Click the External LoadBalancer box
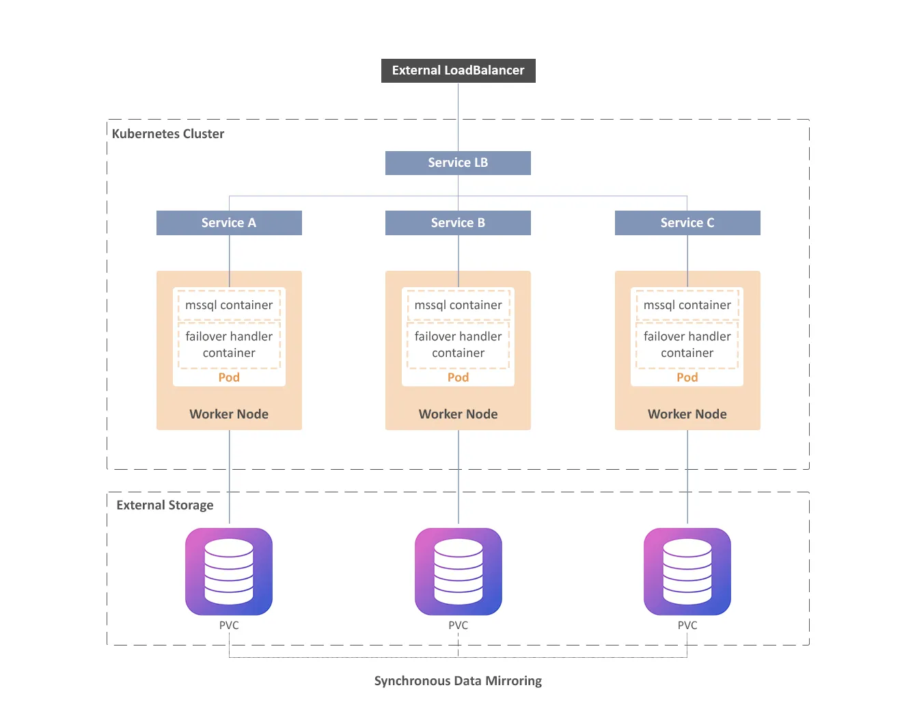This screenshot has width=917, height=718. (x=458, y=70)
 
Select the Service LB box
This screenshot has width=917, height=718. (x=458, y=163)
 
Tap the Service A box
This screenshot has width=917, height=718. (x=229, y=223)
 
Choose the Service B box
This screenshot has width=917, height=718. (x=458, y=223)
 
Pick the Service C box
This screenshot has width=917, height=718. (x=687, y=223)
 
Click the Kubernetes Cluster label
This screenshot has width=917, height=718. (x=168, y=134)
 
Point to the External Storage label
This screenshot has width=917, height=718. (x=165, y=505)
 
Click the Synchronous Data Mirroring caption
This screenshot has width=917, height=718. (x=458, y=681)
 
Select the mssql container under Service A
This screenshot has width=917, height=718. (x=229, y=305)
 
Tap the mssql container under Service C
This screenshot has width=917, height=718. (x=687, y=305)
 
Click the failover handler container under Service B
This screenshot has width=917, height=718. (x=458, y=345)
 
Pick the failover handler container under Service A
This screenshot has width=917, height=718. (x=229, y=345)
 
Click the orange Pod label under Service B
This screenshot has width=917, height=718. (x=458, y=377)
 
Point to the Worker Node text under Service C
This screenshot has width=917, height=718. (x=687, y=414)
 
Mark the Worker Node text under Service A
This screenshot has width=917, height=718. (x=229, y=414)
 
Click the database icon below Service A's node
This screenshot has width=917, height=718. (x=229, y=572)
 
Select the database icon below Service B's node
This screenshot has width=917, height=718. (x=458, y=572)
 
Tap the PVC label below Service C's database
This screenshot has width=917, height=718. (x=687, y=626)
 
